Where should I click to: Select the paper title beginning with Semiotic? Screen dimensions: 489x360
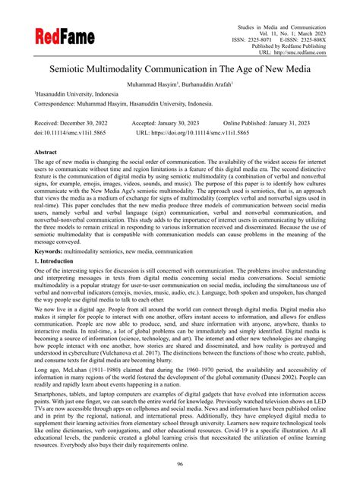[x=179, y=69]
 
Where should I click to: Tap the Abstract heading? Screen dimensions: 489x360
[x=49, y=152]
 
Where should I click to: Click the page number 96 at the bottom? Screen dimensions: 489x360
[x=180, y=465]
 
